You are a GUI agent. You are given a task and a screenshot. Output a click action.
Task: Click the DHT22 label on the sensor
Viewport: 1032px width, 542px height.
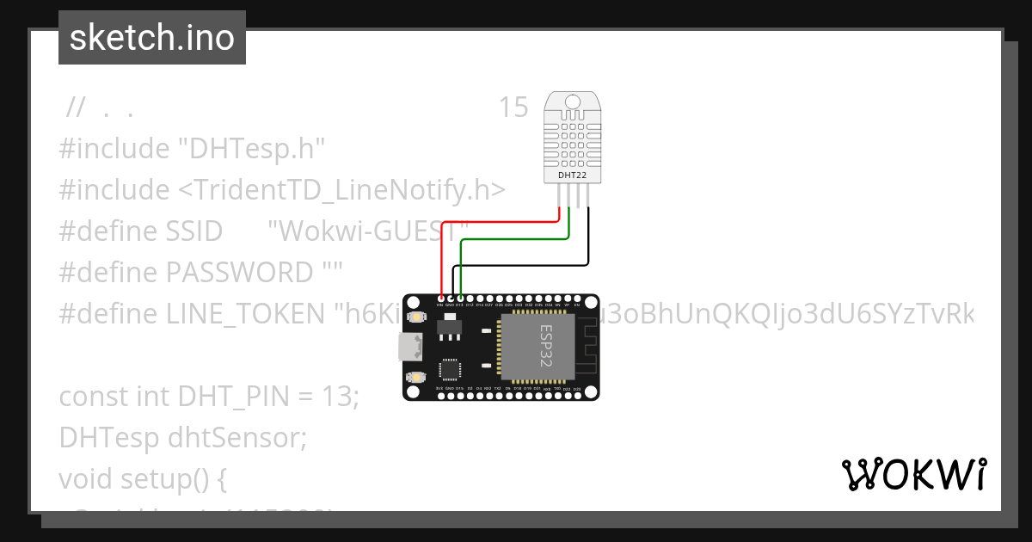572,175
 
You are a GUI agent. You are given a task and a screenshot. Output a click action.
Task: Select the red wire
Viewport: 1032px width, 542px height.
499,220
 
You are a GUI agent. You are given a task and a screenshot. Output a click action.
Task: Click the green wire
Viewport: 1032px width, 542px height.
516,239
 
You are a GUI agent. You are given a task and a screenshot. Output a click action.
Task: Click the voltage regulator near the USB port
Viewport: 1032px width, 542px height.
448,328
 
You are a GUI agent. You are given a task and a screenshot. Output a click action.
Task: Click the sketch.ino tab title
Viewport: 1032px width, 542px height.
152,38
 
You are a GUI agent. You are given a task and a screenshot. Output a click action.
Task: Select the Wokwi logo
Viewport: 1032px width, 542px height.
913,474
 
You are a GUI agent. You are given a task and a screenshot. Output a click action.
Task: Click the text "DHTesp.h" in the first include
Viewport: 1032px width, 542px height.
251,149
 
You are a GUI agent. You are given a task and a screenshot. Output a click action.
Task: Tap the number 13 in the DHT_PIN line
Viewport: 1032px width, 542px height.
341,397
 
